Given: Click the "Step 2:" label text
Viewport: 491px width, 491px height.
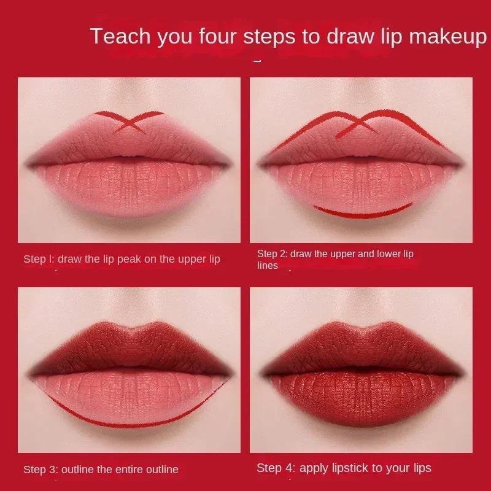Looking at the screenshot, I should (x=272, y=253).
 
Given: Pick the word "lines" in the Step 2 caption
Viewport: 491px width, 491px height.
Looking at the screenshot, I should (x=268, y=266).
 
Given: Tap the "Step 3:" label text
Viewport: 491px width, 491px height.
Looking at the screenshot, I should (x=41, y=470).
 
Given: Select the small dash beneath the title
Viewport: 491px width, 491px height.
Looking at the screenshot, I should (x=257, y=61).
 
